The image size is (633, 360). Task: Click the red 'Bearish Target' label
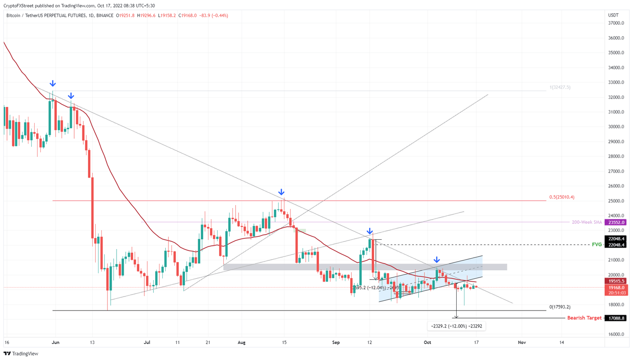point(584,318)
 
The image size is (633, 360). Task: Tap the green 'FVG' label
point(596,245)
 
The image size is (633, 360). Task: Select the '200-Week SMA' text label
point(586,222)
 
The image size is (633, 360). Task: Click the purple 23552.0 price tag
point(615,222)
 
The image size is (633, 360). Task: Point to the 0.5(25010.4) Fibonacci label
point(561,197)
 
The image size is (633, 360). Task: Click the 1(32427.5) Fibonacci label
point(560,87)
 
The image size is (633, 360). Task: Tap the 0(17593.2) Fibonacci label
point(560,307)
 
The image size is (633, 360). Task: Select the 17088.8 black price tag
point(615,318)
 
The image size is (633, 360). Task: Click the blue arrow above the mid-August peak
point(281,192)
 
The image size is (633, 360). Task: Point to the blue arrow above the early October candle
point(437,260)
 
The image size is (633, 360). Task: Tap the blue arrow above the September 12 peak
point(370,231)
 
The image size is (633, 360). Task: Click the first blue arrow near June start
point(52,84)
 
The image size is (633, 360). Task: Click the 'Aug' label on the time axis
point(241,342)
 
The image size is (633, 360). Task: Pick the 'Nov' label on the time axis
point(522,342)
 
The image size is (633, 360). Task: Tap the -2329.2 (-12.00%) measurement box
point(456,326)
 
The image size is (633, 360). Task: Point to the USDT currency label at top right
point(613,15)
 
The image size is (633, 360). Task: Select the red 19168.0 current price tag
point(615,288)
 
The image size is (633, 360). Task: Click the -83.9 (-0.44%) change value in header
point(213,16)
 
